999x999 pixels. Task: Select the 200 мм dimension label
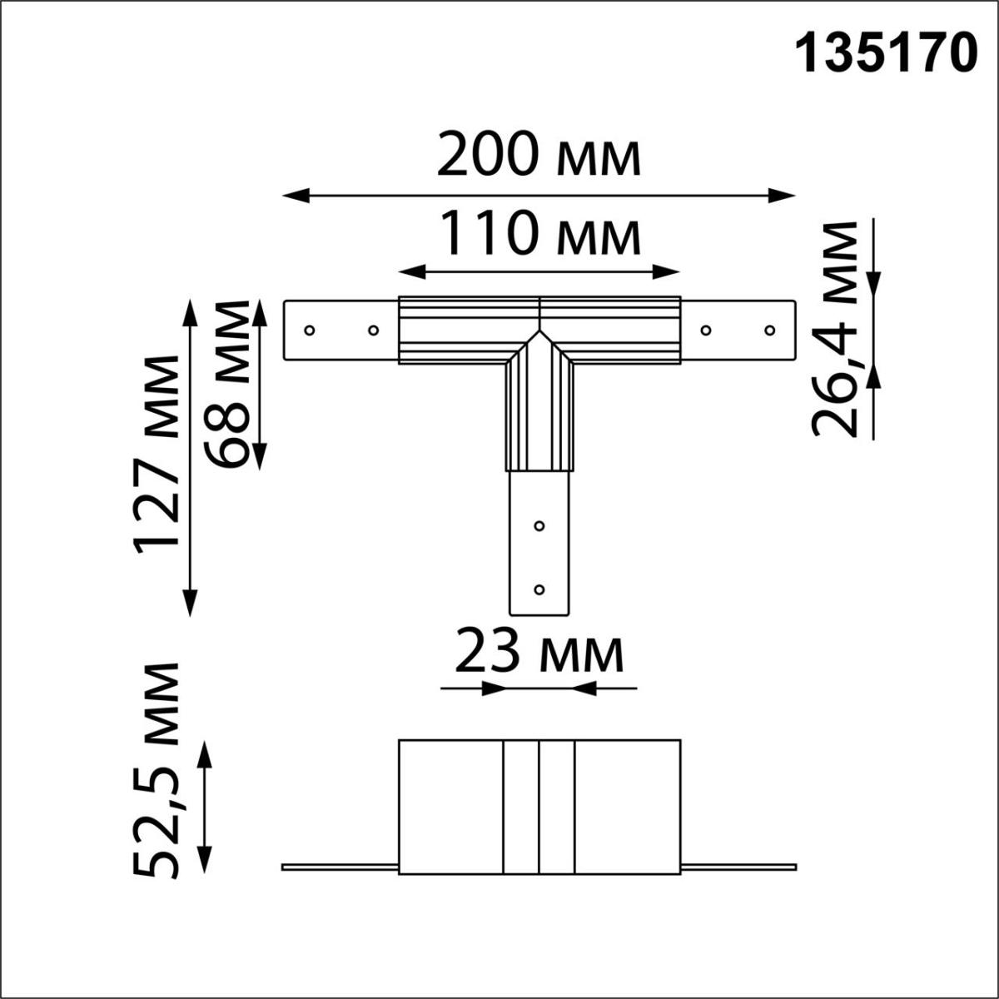pos(539,157)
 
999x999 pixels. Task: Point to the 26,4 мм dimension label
pos(836,329)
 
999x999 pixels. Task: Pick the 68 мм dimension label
pos(226,384)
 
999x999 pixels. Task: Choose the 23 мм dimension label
pos(539,654)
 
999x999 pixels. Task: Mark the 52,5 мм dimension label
pos(157,770)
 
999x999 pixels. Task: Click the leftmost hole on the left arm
pos(310,330)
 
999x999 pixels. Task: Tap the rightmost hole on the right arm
pos(770,330)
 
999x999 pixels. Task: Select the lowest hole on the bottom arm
pos(539,589)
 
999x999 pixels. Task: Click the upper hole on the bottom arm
pos(539,526)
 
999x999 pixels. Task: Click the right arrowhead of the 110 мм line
pos(670,271)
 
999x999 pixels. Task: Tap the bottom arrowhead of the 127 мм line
pos(191,604)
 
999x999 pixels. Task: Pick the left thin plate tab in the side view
pos(340,867)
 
